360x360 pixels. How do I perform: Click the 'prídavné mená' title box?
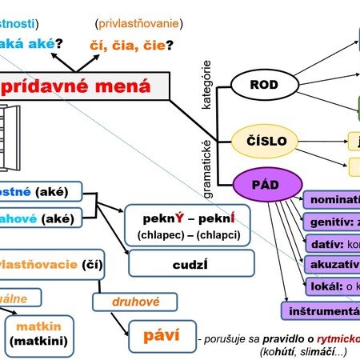pos(88,86)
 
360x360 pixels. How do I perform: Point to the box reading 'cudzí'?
pos(191,263)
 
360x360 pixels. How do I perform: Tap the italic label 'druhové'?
pos(123,302)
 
